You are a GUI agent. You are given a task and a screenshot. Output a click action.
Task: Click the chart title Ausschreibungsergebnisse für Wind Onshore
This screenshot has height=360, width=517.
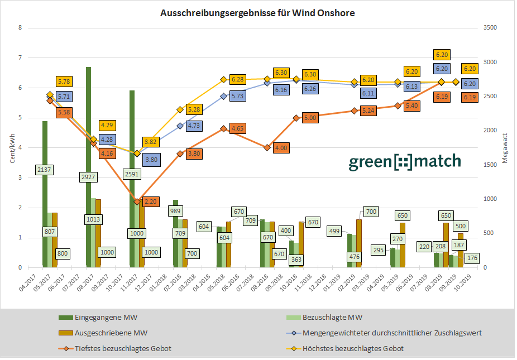[x=257, y=12]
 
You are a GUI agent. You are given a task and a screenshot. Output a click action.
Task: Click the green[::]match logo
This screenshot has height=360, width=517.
[x=405, y=162]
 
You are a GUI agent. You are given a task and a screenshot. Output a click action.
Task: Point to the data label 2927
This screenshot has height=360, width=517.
[x=88, y=176]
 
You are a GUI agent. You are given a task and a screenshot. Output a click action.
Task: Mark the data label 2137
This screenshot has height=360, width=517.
[x=44, y=169]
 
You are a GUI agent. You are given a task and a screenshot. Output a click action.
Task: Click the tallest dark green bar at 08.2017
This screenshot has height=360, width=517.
[x=88, y=167]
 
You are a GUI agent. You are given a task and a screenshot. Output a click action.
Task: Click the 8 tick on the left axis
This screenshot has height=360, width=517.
[x=20, y=28]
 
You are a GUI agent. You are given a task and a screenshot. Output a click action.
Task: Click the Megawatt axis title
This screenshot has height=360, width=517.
[x=505, y=148]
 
